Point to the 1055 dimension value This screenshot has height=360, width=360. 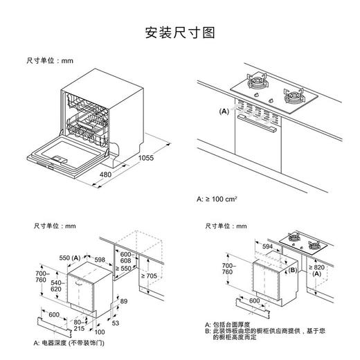[x=163, y=159]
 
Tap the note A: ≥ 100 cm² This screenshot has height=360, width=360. [x=217, y=199]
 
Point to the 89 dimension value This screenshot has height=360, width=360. [x=124, y=303]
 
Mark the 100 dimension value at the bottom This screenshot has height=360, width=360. [x=90, y=331]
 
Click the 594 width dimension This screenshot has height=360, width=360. [x=267, y=246]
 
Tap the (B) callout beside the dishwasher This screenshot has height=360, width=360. [x=292, y=270]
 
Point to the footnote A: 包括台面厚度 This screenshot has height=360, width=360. [x=233, y=323]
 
